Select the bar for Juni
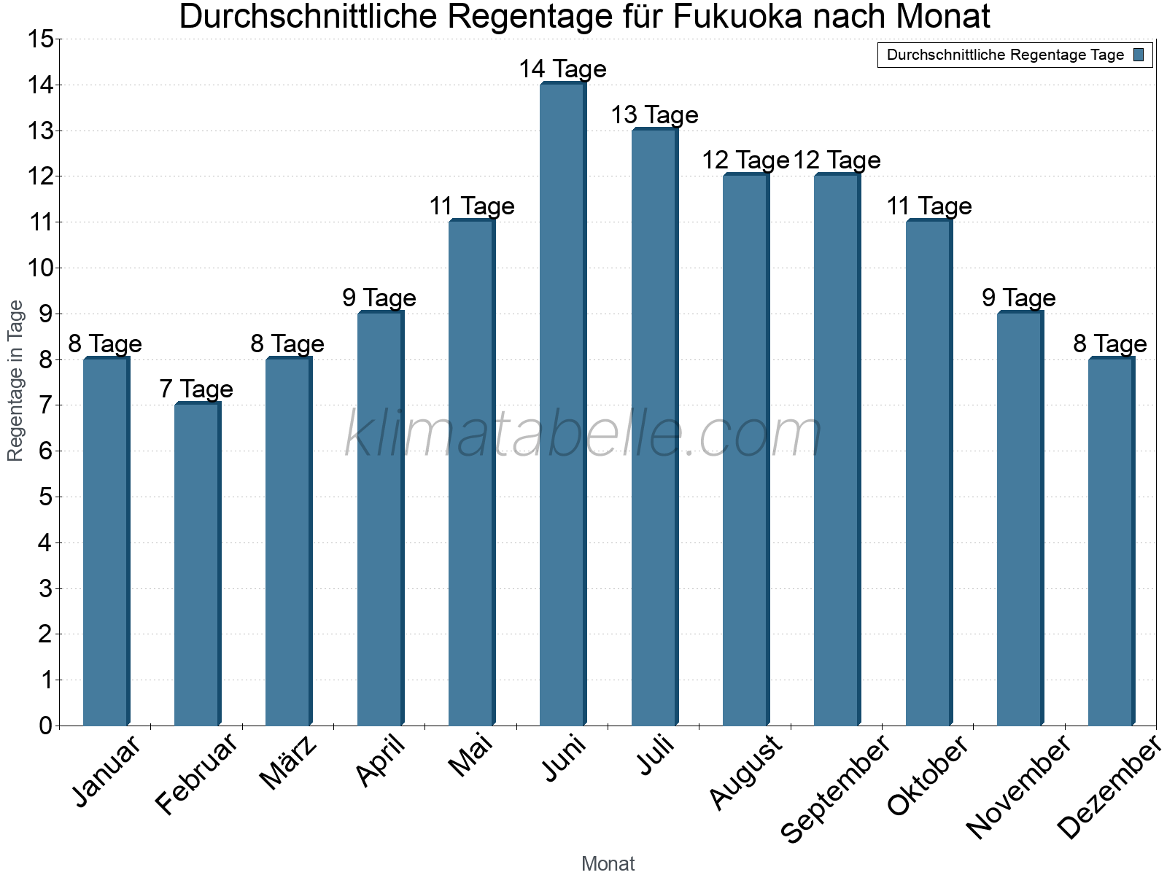[562, 405]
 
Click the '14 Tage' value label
[562, 69]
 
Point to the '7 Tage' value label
[196, 389]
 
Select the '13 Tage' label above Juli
[654, 115]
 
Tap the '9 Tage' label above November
[1019, 298]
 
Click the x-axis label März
[289, 763]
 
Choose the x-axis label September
[836, 787]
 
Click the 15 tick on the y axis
[41, 39]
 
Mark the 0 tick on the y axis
[46, 726]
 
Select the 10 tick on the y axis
[41, 268]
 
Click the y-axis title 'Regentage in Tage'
[15, 381]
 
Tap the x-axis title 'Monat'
[608, 864]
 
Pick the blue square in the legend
[1139, 55]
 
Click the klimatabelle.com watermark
[583, 433]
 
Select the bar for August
[745, 450]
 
